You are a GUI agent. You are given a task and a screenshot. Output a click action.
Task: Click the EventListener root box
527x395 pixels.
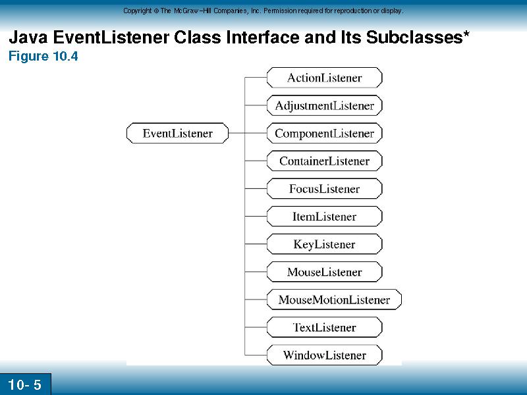click(x=177, y=133)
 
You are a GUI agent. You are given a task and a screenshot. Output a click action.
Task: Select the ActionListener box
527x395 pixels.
click(x=324, y=78)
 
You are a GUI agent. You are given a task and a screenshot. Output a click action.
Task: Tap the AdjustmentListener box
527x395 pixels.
click(x=324, y=105)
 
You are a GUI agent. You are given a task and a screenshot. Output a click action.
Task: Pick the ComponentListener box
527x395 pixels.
click(x=324, y=133)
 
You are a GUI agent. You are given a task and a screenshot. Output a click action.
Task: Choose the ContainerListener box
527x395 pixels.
click(x=324, y=161)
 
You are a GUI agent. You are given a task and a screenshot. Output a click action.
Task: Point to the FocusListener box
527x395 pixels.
click(x=324, y=188)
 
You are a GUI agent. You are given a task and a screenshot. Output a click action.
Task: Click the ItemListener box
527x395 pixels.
click(x=324, y=217)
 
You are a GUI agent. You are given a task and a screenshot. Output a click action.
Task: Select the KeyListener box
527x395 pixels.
click(x=324, y=244)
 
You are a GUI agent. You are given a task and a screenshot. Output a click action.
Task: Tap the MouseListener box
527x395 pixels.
click(x=324, y=272)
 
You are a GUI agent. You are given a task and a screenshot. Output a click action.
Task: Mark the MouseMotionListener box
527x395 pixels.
click(x=334, y=300)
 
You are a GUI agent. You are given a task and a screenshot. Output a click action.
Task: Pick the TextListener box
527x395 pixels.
click(x=324, y=327)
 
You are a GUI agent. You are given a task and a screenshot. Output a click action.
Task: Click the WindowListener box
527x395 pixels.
click(x=324, y=355)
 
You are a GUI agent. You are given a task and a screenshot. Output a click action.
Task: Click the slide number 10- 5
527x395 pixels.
click(x=24, y=384)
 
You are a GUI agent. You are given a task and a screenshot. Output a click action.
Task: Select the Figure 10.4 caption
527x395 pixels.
click(x=43, y=56)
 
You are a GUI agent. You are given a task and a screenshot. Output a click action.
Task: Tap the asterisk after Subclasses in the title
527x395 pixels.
click(x=466, y=34)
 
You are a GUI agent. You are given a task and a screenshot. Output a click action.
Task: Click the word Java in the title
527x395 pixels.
click(x=28, y=37)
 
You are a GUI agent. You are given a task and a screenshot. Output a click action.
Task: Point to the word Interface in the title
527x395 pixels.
click(x=263, y=37)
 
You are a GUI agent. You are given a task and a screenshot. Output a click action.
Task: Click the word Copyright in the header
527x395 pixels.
click(x=137, y=11)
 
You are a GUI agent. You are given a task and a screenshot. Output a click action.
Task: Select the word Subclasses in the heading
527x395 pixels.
click(x=414, y=37)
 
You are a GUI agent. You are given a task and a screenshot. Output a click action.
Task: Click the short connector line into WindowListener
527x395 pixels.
click(x=256, y=355)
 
